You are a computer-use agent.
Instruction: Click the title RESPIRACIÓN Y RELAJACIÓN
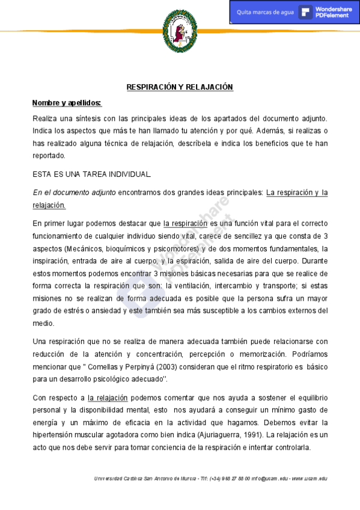pos(180,87)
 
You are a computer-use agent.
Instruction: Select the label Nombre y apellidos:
pos(67,103)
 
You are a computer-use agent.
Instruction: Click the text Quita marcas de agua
pos(265,12)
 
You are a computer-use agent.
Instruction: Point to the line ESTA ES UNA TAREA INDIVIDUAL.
pos(92,174)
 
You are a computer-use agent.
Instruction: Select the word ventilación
pos(194,286)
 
